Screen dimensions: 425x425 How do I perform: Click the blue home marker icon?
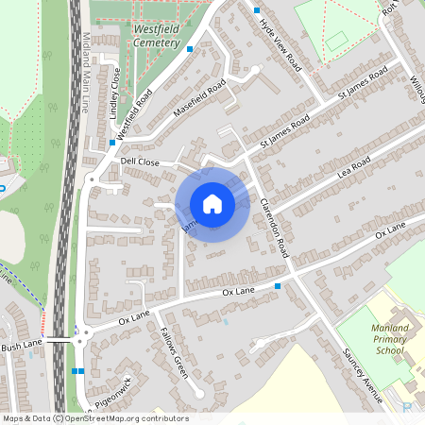(x=212, y=204)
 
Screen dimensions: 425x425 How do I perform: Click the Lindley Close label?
(x=115, y=92)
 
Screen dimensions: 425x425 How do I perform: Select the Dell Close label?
(x=141, y=161)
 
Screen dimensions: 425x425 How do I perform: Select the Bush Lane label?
(x=21, y=347)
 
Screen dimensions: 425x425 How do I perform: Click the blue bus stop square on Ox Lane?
(x=278, y=285)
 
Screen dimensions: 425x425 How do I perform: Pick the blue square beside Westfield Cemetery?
(x=190, y=48)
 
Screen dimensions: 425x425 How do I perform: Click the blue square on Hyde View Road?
(x=258, y=9)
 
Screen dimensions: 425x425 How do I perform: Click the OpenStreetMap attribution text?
(x=94, y=418)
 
